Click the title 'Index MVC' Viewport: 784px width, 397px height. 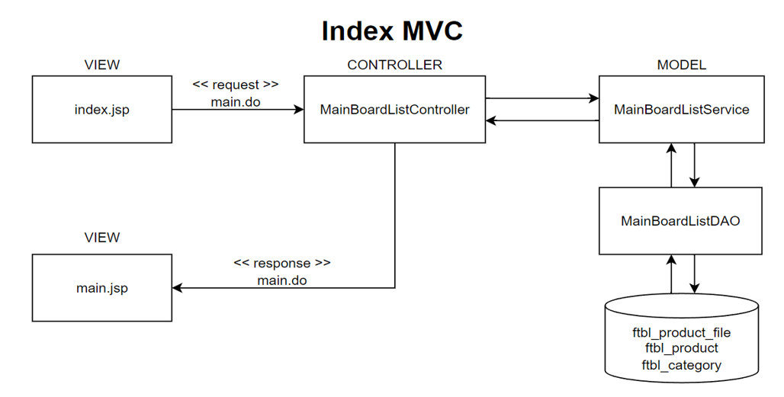(392, 31)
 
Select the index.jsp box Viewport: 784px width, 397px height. (102, 109)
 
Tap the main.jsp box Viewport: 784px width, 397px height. (102, 288)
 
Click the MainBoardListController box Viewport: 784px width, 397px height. (394, 109)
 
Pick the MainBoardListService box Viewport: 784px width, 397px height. (681, 109)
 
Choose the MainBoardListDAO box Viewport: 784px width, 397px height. (680, 221)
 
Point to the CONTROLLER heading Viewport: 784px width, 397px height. (394, 65)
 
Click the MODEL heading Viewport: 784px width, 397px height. (681, 65)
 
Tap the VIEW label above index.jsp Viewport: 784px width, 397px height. (102, 65)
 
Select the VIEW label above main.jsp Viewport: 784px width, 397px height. (102, 237)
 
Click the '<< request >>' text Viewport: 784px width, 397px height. (236, 85)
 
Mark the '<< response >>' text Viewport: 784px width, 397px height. (281, 263)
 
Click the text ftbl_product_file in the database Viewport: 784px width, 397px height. (681, 332)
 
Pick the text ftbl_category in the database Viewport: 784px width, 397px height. (681, 364)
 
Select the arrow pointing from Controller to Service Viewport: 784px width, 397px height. (541, 98)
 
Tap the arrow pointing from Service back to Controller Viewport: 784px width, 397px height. (541, 120)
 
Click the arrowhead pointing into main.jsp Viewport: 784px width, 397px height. (177, 288)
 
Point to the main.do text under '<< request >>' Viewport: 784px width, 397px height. (236, 101)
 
